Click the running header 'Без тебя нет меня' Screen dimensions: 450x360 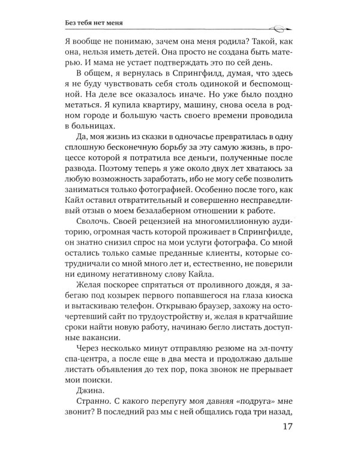(x=99, y=24)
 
